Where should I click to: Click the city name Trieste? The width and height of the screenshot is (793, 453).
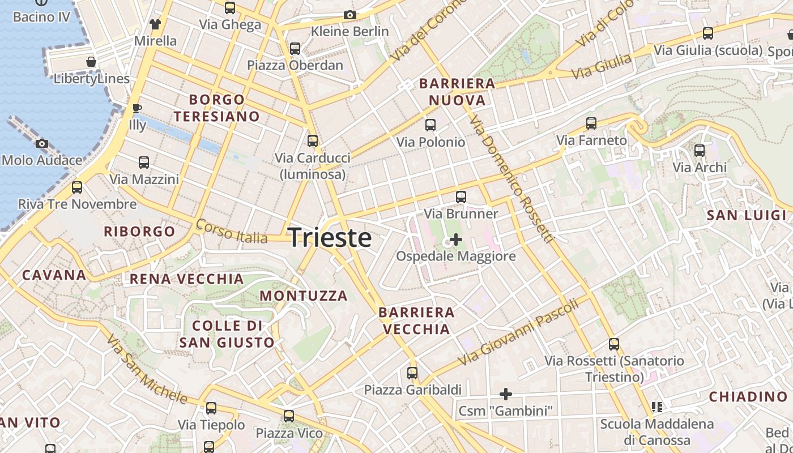(330, 238)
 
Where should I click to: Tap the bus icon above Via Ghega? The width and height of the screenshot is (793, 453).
(230, 8)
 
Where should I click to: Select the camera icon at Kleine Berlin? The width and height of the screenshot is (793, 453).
(350, 15)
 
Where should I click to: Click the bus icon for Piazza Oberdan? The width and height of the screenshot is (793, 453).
(295, 49)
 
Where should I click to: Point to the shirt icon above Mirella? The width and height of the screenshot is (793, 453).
(155, 24)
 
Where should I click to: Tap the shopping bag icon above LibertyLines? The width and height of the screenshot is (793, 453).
(91, 62)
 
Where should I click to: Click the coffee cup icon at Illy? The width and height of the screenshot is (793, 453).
(136, 108)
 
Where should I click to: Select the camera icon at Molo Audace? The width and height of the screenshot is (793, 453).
(41, 144)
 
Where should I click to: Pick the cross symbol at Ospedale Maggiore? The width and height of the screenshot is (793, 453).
(455, 240)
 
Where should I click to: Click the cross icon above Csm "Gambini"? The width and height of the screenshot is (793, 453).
(506, 394)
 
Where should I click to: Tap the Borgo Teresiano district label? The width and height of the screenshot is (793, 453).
(217, 108)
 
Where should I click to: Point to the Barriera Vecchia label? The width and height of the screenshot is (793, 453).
(416, 320)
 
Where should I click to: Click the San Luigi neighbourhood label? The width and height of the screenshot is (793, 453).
(747, 215)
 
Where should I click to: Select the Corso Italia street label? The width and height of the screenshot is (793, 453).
(231, 232)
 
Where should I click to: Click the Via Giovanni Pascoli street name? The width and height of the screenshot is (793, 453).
(518, 332)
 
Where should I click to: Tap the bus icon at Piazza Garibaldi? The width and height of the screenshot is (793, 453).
(412, 373)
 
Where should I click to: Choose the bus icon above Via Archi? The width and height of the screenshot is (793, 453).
(700, 151)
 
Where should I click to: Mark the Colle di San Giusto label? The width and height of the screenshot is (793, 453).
(227, 334)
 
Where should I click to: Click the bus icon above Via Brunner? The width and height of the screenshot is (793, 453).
(461, 197)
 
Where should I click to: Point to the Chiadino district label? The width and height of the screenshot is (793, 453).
(748, 396)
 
